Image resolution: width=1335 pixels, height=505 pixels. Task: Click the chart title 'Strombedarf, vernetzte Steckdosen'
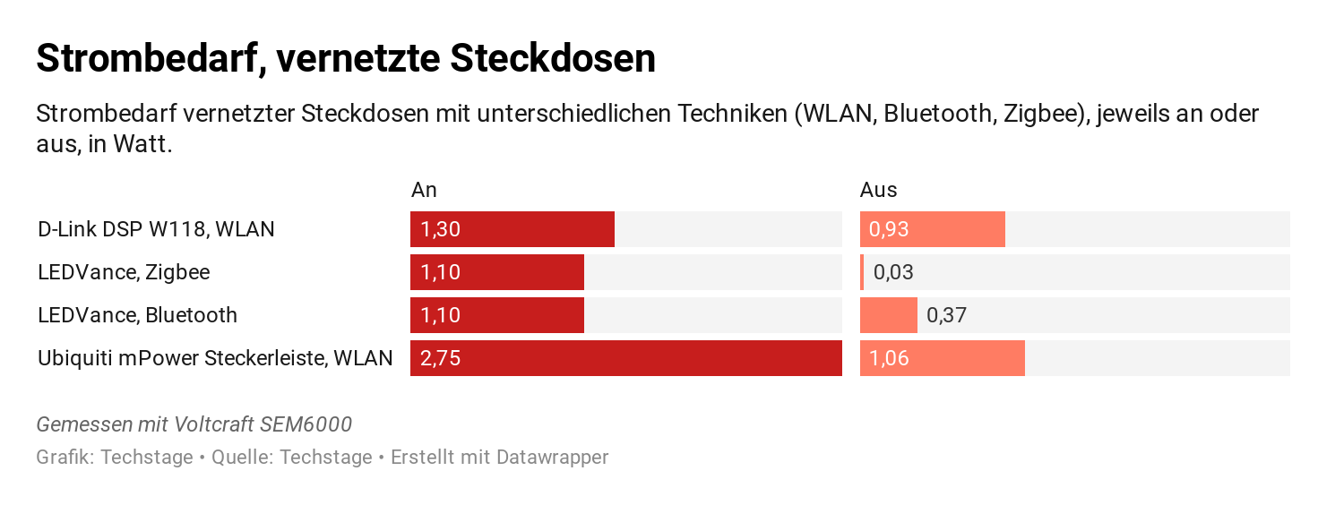point(346,59)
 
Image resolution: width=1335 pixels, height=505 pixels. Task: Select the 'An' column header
point(424,190)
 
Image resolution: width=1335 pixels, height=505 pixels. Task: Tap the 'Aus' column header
point(878,190)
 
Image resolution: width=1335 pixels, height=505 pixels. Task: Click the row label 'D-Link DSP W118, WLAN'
point(156,229)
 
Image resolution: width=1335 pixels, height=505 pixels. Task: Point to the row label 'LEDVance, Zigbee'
point(124,272)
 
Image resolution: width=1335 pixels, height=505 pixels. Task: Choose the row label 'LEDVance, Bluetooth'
point(137,315)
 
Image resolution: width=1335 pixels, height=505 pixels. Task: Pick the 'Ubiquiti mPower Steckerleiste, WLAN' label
point(215,358)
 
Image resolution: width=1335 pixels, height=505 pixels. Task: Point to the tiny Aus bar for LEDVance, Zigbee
point(862,272)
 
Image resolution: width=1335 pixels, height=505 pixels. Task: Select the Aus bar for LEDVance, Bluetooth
point(888,315)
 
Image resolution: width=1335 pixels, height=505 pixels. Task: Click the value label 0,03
point(893,272)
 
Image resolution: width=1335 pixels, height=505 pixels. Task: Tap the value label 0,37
point(946,315)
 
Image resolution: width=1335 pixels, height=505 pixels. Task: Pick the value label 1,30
point(440,229)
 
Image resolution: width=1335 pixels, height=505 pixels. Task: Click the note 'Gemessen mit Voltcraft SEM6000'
point(194,424)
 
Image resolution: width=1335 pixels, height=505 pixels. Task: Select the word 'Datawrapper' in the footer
point(552,458)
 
